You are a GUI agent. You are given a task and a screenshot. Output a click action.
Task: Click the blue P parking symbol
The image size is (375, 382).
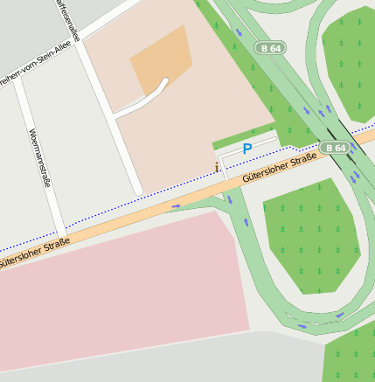coord(247,149)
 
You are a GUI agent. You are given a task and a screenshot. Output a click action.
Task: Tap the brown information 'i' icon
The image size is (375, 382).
coord(218,167)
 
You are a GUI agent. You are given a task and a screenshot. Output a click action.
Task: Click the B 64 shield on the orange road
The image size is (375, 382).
coord(334,148)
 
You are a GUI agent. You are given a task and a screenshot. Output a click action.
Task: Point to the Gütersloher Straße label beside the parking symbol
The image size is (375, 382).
coord(280,167)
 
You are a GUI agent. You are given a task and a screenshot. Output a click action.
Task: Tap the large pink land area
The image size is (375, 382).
coord(114,288)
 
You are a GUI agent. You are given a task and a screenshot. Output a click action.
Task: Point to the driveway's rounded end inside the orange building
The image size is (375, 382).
coord(164,83)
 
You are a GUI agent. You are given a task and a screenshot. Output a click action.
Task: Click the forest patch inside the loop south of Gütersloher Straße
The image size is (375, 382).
coord(310,236)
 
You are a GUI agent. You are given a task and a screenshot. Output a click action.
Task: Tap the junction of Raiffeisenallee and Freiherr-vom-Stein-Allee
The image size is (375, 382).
coord(77,38)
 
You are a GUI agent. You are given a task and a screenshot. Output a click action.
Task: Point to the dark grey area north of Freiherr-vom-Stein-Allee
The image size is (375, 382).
coord(26,26)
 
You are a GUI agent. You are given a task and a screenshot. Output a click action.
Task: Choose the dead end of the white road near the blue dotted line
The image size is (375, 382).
coord(136,189)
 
